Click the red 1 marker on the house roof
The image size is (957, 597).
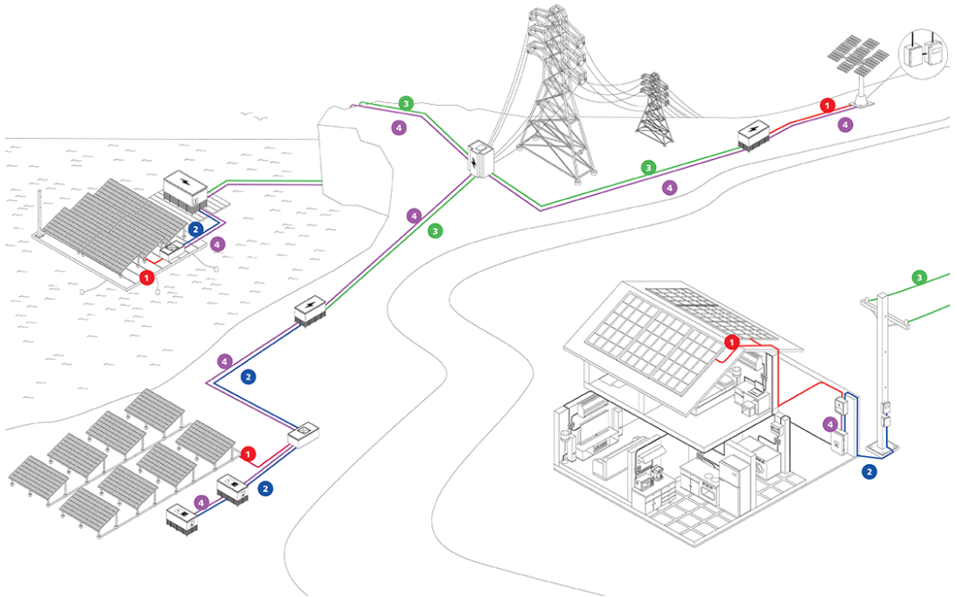click(x=732, y=341)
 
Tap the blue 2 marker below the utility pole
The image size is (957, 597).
click(x=869, y=470)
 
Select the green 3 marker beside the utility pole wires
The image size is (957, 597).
click(x=918, y=277)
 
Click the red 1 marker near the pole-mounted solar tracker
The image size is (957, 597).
click(x=827, y=105)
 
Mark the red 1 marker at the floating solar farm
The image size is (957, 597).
click(x=146, y=277)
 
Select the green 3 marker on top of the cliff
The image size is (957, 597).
click(x=406, y=104)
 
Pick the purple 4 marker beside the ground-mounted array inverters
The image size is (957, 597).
click(x=201, y=503)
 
